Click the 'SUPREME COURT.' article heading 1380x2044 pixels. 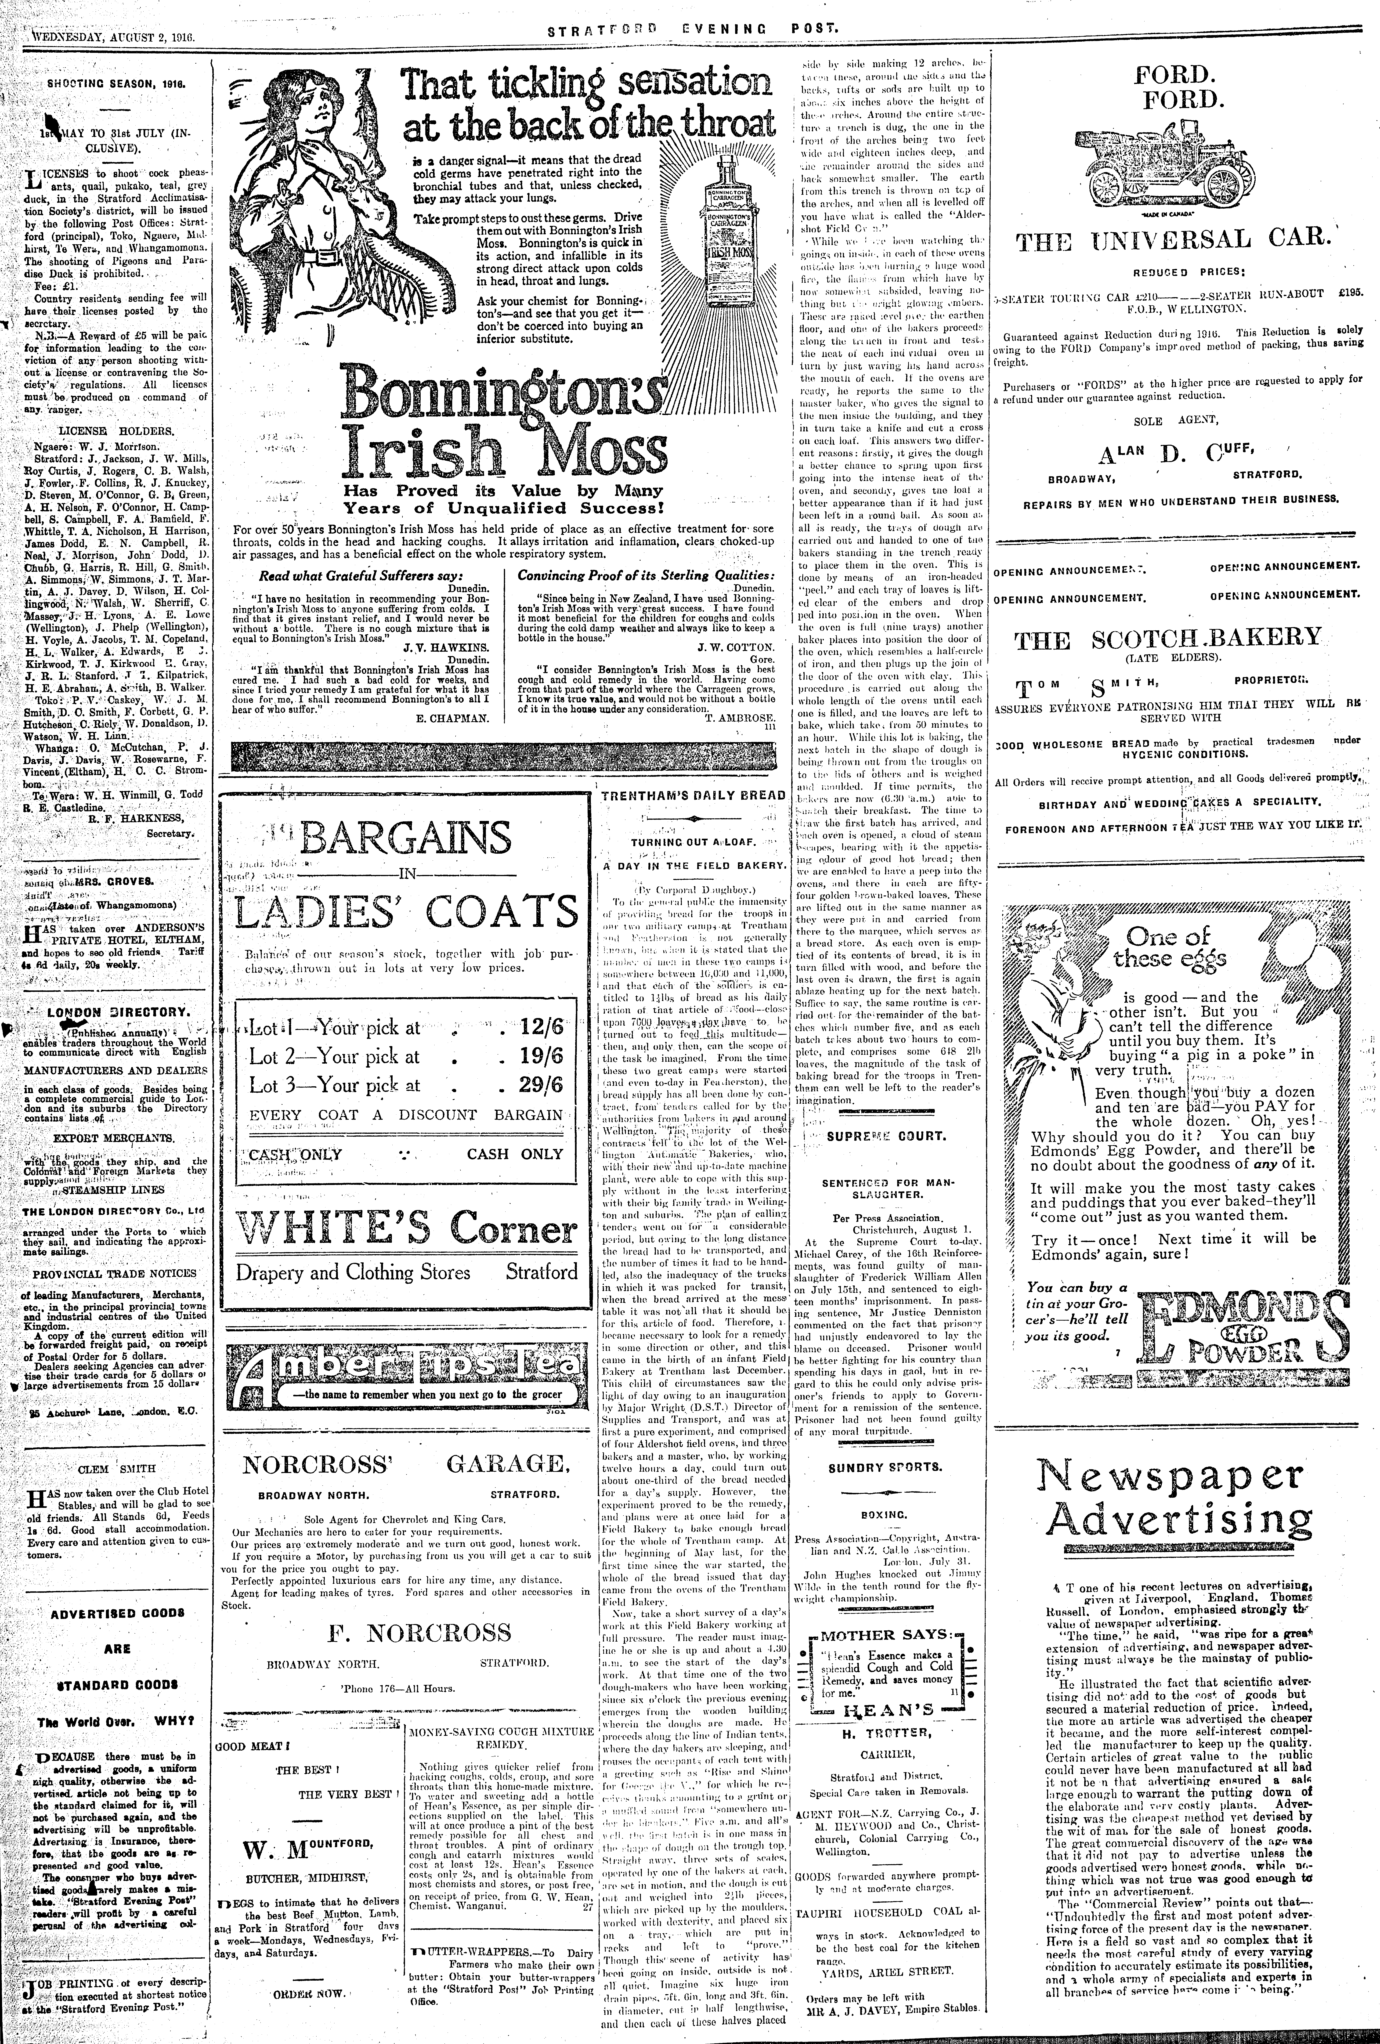[887, 1135]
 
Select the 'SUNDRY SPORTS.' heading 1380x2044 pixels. [884, 1467]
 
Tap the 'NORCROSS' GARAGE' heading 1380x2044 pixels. [406, 1464]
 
